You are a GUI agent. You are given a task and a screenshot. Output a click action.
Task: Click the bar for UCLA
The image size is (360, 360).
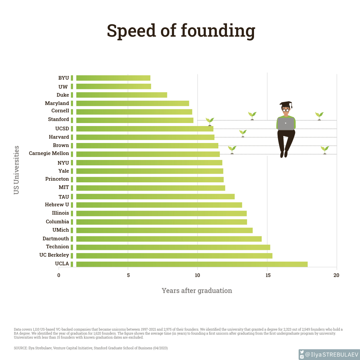[192, 264]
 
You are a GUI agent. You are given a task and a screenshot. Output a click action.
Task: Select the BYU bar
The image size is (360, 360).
[113, 78]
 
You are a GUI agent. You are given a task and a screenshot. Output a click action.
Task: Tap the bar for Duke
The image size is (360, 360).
[122, 95]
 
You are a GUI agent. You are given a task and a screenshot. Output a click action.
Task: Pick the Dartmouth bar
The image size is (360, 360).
[169, 239]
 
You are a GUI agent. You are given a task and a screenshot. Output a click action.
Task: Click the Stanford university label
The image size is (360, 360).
[58, 119]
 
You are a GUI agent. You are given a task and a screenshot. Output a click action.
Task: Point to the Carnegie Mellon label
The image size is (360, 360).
[49, 153]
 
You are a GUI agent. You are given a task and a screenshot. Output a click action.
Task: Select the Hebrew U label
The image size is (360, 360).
[57, 205]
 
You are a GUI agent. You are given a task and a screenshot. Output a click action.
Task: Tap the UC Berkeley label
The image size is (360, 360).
[54, 255]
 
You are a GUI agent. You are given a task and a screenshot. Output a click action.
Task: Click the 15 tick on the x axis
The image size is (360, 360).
[267, 275]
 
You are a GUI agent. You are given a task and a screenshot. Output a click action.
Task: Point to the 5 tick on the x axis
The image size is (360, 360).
[128, 275]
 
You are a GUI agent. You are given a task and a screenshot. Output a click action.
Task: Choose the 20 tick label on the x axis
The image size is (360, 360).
[336, 275]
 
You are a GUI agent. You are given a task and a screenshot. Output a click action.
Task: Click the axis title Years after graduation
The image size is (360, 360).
[197, 291]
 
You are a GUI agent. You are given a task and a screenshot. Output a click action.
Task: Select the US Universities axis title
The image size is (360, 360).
[16, 170]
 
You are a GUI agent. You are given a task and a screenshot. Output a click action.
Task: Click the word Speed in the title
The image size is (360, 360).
[131, 31]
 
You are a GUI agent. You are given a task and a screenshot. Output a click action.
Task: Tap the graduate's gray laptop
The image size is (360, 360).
[286, 124]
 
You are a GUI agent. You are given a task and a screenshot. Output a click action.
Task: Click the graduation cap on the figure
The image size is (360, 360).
[286, 104]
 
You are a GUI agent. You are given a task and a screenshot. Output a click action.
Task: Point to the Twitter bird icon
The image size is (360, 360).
[302, 352]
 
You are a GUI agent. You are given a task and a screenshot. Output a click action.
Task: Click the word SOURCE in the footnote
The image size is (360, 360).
[21, 348]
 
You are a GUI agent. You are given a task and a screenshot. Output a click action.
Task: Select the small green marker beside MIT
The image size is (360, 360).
[72, 188]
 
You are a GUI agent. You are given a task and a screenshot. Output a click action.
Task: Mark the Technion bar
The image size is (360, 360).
[173, 247]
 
